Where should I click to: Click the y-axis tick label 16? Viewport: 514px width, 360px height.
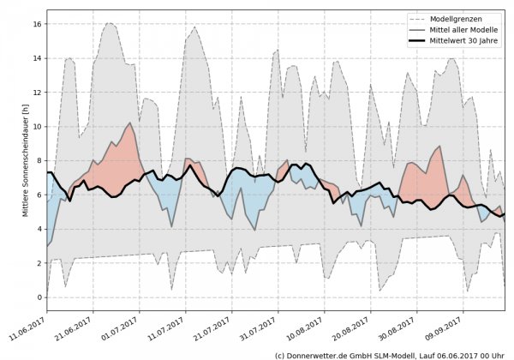click(38, 24)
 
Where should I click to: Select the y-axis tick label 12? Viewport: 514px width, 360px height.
click(38, 93)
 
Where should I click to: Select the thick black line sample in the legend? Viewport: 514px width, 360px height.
click(420, 41)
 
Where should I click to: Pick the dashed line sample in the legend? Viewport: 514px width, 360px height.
click(420, 19)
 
